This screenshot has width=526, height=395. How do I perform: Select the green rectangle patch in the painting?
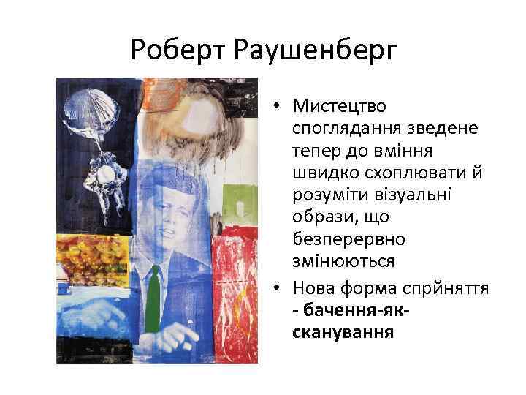pyautogui.click(x=235, y=202)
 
